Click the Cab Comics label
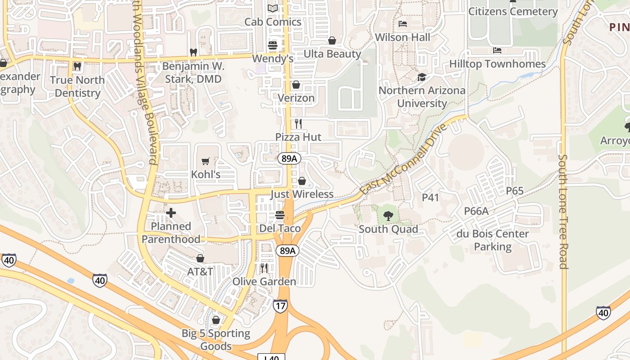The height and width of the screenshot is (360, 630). [x=273, y=22]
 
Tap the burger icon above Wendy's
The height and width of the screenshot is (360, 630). [x=273, y=45]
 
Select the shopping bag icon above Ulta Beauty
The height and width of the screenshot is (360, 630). [x=332, y=40]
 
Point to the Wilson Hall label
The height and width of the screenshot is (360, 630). [x=403, y=37]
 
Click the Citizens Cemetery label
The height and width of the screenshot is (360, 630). [x=513, y=11]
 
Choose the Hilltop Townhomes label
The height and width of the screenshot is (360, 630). [x=497, y=64]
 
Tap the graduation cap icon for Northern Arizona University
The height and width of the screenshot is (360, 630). [x=422, y=77]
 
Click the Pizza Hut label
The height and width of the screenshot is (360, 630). [x=298, y=137]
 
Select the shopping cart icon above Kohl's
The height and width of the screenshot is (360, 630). [x=206, y=161]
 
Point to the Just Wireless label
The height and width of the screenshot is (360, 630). [x=302, y=194]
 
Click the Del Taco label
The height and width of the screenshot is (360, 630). [x=280, y=228]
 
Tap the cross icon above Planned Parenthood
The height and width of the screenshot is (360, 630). [x=171, y=213]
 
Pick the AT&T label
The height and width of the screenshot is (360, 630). [x=200, y=271]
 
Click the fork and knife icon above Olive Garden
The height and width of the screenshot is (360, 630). [x=264, y=268]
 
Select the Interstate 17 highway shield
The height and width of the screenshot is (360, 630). [x=280, y=306]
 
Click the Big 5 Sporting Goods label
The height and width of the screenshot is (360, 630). [x=216, y=340]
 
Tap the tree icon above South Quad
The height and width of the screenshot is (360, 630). [x=388, y=216]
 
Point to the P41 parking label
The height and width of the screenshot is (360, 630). [x=430, y=197]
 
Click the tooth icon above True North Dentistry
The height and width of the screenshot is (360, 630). [x=77, y=67]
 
